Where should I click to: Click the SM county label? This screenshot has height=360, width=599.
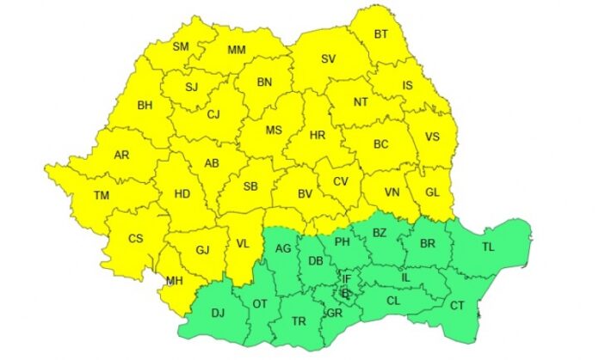pos(182,47)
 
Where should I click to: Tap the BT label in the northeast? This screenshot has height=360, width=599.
pos(381,35)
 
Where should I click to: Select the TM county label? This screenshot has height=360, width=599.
pos(102,197)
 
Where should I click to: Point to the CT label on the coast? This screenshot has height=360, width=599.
pos(457,305)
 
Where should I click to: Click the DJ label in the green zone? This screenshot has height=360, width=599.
pos(218,314)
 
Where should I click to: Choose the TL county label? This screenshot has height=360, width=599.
pos(488,247)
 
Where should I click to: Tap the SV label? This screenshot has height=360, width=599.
pos(328,59)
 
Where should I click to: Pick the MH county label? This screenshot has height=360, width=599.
pos(174,280)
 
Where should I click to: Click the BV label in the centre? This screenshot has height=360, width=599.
pos(305,194)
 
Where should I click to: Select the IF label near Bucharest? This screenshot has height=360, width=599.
pos(347,278)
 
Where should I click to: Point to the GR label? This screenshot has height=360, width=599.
pos(335,314)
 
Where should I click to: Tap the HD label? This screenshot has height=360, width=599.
pos(182,194)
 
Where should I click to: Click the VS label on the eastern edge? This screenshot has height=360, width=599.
pos(433,137)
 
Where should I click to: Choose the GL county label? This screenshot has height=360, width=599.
pos(432,192)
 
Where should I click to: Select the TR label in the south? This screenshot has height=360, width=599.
pos(299,322)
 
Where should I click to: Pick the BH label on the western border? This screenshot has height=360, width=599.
pos(145,107)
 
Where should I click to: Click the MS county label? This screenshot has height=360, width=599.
pos(274,131)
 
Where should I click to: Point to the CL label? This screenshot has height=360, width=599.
pos(393,301)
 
